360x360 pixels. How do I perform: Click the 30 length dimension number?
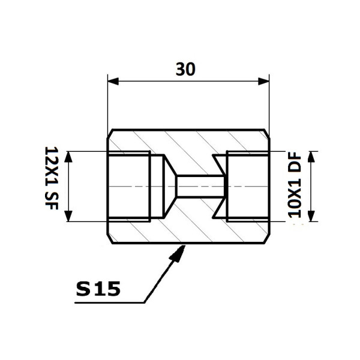[185, 69]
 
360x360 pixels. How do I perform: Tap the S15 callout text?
[98, 289]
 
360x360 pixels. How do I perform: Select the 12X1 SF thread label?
[52, 178]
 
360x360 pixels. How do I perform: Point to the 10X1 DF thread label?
[295, 185]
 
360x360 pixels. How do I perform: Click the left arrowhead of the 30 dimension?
[113, 81]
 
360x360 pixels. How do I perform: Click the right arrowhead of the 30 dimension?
[263, 81]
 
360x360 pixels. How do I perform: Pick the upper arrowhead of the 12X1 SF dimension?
[68, 157]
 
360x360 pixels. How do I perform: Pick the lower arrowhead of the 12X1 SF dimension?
[68, 216]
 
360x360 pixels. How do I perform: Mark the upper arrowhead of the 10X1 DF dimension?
[311, 157]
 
